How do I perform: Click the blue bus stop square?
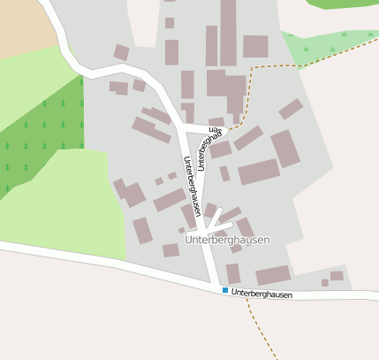click(x=224, y=290)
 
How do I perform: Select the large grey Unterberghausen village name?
click(x=227, y=240)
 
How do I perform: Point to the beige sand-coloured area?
click(x=22, y=27)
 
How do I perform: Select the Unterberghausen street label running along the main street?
click(x=192, y=186)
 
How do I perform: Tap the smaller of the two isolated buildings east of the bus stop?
click(x=325, y=283)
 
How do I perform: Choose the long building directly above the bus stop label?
click(x=273, y=275)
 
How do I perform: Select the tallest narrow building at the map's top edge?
click(x=228, y=32)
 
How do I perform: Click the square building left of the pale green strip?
click(x=255, y=46)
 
